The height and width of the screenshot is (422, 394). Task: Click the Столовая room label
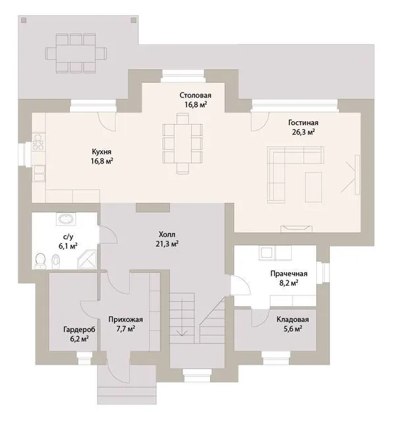(x=195, y=95)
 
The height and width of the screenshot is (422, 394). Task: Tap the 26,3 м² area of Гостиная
(x=303, y=132)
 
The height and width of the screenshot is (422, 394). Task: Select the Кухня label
(x=101, y=152)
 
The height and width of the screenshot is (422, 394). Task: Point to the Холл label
(x=167, y=234)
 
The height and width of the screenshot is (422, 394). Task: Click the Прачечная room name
(x=289, y=274)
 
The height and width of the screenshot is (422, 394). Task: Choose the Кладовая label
(x=293, y=319)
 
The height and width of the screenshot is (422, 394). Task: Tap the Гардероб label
(x=79, y=330)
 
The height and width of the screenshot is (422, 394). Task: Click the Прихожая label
(x=126, y=319)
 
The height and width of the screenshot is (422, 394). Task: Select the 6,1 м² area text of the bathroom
(x=69, y=246)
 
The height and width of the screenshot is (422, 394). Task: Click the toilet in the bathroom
(x=40, y=260)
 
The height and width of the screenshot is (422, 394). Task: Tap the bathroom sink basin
(x=66, y=219)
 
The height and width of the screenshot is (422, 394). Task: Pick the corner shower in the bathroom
(x=87, y=258)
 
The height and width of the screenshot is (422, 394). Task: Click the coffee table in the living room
(x=314, y=187)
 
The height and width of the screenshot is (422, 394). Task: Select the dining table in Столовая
(x=183, y=143)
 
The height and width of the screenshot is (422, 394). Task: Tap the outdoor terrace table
(x=76, y=53)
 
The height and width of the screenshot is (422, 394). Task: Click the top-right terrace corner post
(x=134, y=20)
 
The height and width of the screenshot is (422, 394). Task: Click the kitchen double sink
(x=39, y=173)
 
